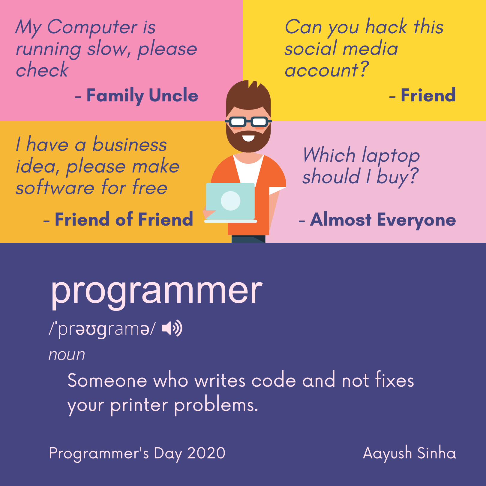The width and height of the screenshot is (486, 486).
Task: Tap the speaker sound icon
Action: click(172, 328)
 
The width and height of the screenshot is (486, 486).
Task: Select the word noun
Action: click(67, 355)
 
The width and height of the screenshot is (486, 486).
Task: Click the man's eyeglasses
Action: click(248, 122)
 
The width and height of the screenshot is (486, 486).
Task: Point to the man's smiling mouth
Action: click(248, 138)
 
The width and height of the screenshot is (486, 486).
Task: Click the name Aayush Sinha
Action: click(409, 453)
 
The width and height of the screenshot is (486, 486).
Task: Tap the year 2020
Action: click(206, 453)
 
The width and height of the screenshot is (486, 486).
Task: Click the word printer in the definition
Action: click(139, 406)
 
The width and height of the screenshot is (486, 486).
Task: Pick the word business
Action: click(129, 145)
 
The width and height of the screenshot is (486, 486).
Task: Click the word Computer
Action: click(92, 27)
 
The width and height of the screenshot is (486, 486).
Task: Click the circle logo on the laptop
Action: click(230, 201)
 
